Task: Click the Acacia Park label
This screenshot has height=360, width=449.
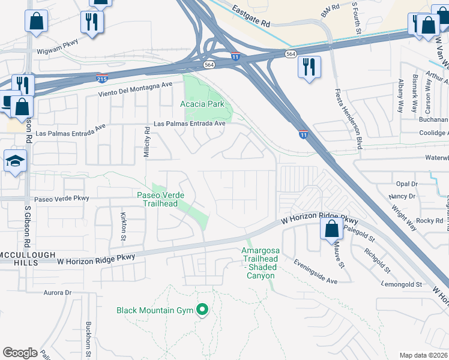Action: (202, 104)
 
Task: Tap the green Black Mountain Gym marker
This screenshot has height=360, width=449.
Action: (203, 310)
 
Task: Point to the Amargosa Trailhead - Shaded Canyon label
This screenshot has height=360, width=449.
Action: (261, 263)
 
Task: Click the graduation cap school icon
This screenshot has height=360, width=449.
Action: (15, 161)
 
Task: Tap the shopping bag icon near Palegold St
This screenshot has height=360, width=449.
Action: (331, 229)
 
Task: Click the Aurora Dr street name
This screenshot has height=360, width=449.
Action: (58, 293)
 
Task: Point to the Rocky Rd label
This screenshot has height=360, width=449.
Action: (429, 221)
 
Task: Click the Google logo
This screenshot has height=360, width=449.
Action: (20, 352)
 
